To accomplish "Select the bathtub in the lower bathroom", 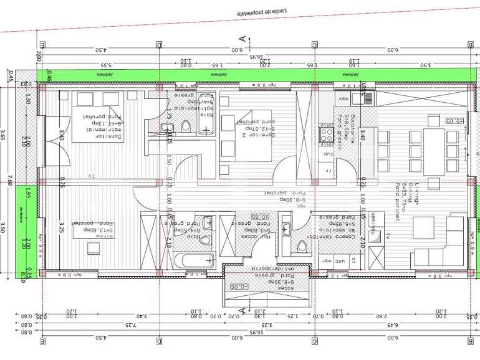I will pyautogui.click(x=193, y=260).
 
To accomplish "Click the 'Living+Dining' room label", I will pyautogui.click(x=401, y=199).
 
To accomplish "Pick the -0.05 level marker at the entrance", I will pyautogui.click(x=239, y=286).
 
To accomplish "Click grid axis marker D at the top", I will pyautogui.click(x=160, y=45).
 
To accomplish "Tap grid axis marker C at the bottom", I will pyautogui.click(x=315, y=341).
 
